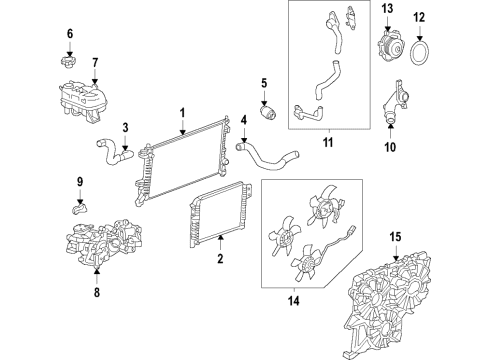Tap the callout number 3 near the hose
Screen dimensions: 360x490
coord(124,127)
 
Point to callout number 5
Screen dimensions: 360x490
coord(265,83)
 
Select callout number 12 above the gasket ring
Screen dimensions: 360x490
coord(447,18)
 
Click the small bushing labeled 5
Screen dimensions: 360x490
coord(268,110)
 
